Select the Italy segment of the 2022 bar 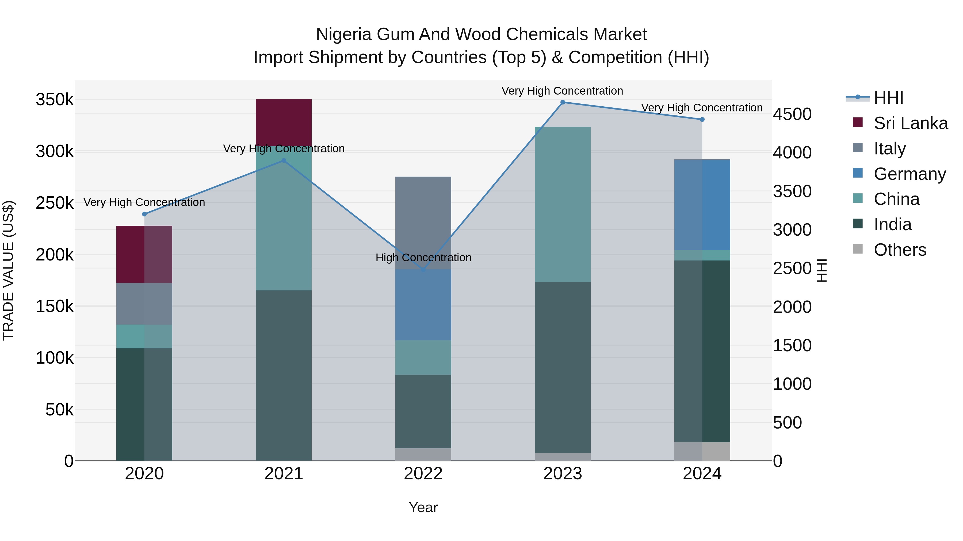coord(423,223)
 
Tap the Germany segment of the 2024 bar coord(702,205)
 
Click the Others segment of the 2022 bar coord(423,454)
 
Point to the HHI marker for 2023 coord(563,102)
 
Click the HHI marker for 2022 coord(423,270)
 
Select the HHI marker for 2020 coord(144,214)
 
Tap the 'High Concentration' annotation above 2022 coord(423,258)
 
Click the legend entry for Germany coord(909,174)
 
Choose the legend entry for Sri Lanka coord(910,123)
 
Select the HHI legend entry coord(888,98)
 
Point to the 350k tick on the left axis coord(55,100)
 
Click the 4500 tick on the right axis coord(792,114)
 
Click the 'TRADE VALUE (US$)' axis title coord(8,270)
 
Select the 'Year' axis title coord(423,507)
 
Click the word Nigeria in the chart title coord(343,34)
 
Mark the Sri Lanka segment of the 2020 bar coord(144,254)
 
